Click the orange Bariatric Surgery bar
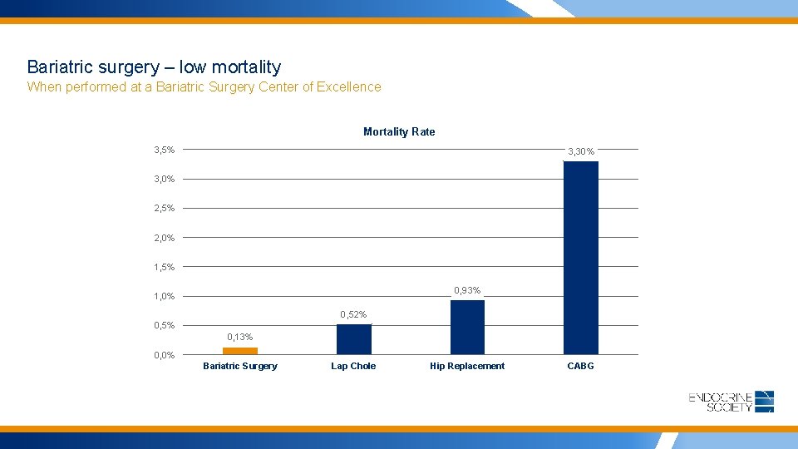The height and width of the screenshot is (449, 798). [240, 351]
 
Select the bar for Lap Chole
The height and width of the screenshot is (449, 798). [353, 339]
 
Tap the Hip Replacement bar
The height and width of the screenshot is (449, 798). [467, 327]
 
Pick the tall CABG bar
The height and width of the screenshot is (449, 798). [580, 258]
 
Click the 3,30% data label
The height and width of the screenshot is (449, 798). [580, 151]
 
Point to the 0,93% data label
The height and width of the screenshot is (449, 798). [467, 290]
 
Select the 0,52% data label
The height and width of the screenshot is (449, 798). [353, 314]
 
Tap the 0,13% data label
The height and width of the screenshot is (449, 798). [240, 337]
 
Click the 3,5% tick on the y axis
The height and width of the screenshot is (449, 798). [164, 150]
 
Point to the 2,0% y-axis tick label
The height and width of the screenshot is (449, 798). [164, 238]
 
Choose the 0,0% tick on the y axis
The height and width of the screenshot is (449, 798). [164, 355]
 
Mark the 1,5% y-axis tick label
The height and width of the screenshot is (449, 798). [164, 267]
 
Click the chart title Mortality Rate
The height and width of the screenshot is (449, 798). [399, 131]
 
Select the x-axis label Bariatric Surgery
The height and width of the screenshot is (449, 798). [240, 366]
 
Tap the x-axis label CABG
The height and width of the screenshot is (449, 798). [580, 366]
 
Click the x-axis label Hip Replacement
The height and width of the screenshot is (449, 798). [467, 366]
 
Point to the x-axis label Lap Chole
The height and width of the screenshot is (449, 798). [353, 366]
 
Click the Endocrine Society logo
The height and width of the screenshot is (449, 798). [731, 402]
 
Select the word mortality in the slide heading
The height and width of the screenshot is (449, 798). [247, 67]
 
